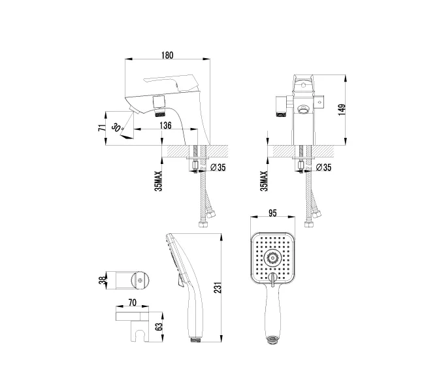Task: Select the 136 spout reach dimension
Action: point(165,125)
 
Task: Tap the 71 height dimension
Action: point(102,127)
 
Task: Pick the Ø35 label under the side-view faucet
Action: point(218,168)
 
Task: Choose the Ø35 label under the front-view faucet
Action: point(323,168)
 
